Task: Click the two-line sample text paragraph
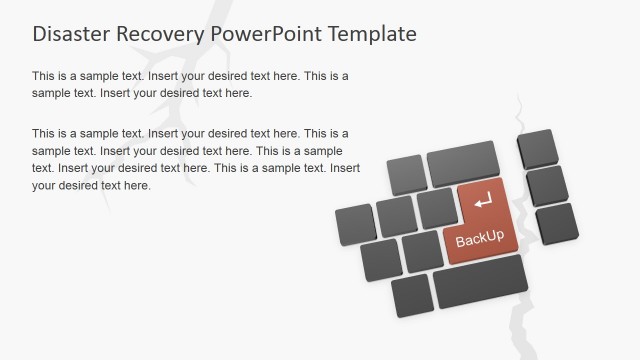tap(190, 84)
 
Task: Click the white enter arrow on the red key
tap(483, 201)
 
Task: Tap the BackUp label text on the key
tap(479, 240)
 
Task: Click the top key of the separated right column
tap(538, 148)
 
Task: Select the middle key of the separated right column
tap(547, 185)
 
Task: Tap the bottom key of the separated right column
tap(556, 222)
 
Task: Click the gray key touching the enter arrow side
tap(437, 208)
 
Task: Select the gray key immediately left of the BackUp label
tap(423, 251)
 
